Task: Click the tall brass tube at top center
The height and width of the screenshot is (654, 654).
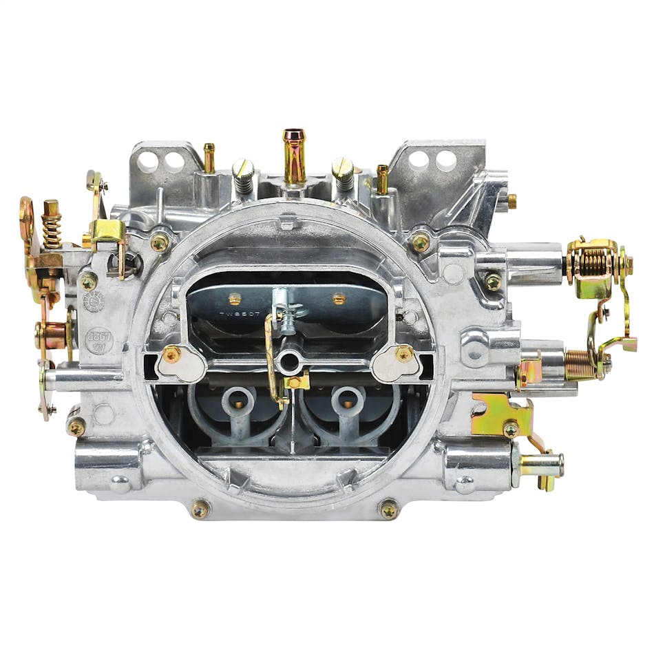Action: point(294,155)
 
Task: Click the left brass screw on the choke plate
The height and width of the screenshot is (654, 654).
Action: point(235,299)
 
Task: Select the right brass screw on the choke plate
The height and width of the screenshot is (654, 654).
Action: point(339,299)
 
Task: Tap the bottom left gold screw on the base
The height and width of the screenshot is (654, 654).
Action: point(200,509)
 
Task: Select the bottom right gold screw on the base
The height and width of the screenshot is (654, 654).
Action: point(389,509)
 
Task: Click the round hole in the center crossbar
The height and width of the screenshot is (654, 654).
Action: point(288,360)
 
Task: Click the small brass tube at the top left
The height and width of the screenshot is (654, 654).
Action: point(209,158)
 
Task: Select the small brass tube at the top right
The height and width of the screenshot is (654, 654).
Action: point(382,178)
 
